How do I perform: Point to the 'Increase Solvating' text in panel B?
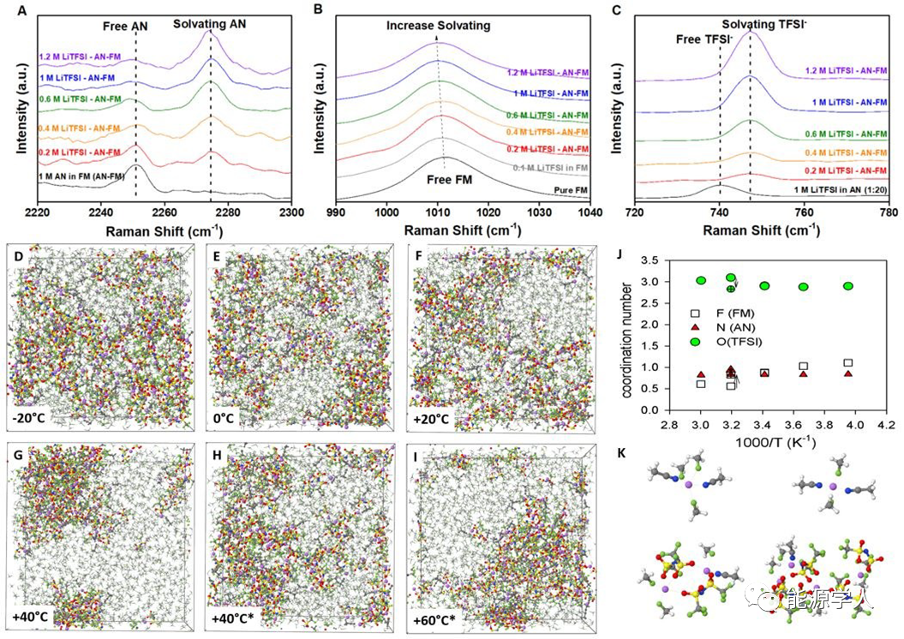coord(438,26)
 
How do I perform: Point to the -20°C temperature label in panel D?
coord(33,420)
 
